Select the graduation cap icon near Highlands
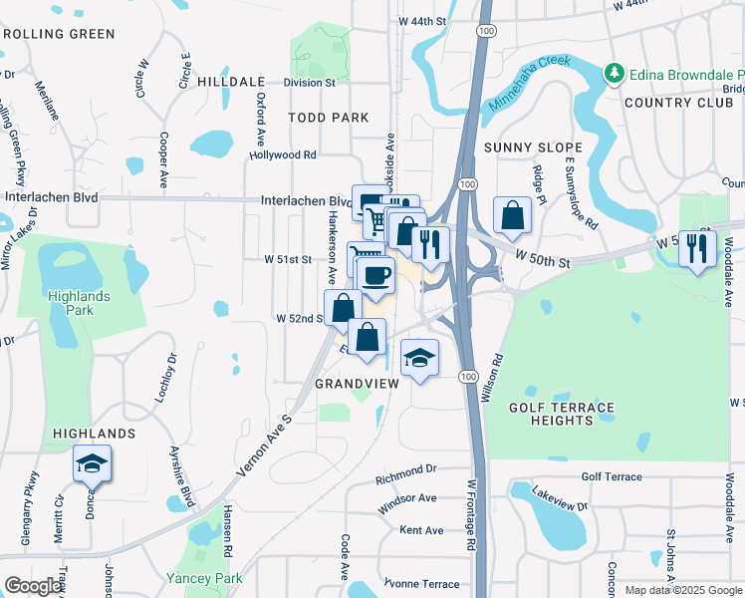(x=92, y=464)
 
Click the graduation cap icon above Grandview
(x=419, y=358)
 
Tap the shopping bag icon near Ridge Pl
(x=512, y=215)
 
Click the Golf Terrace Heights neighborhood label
(x=562, y=414)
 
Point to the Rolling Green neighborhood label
(x=59, y=33)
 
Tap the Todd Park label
(x=329, y=118)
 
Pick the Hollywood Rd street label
(x=283, y=154)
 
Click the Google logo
(x=34, y=586)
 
